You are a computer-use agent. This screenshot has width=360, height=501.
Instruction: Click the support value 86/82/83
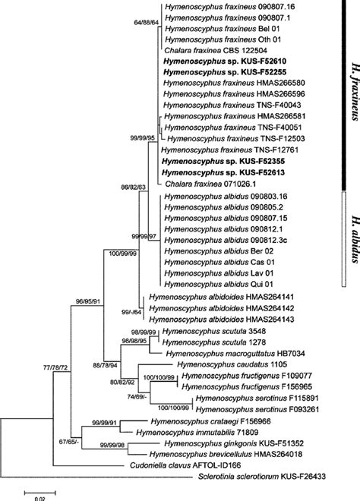point(127,185)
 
